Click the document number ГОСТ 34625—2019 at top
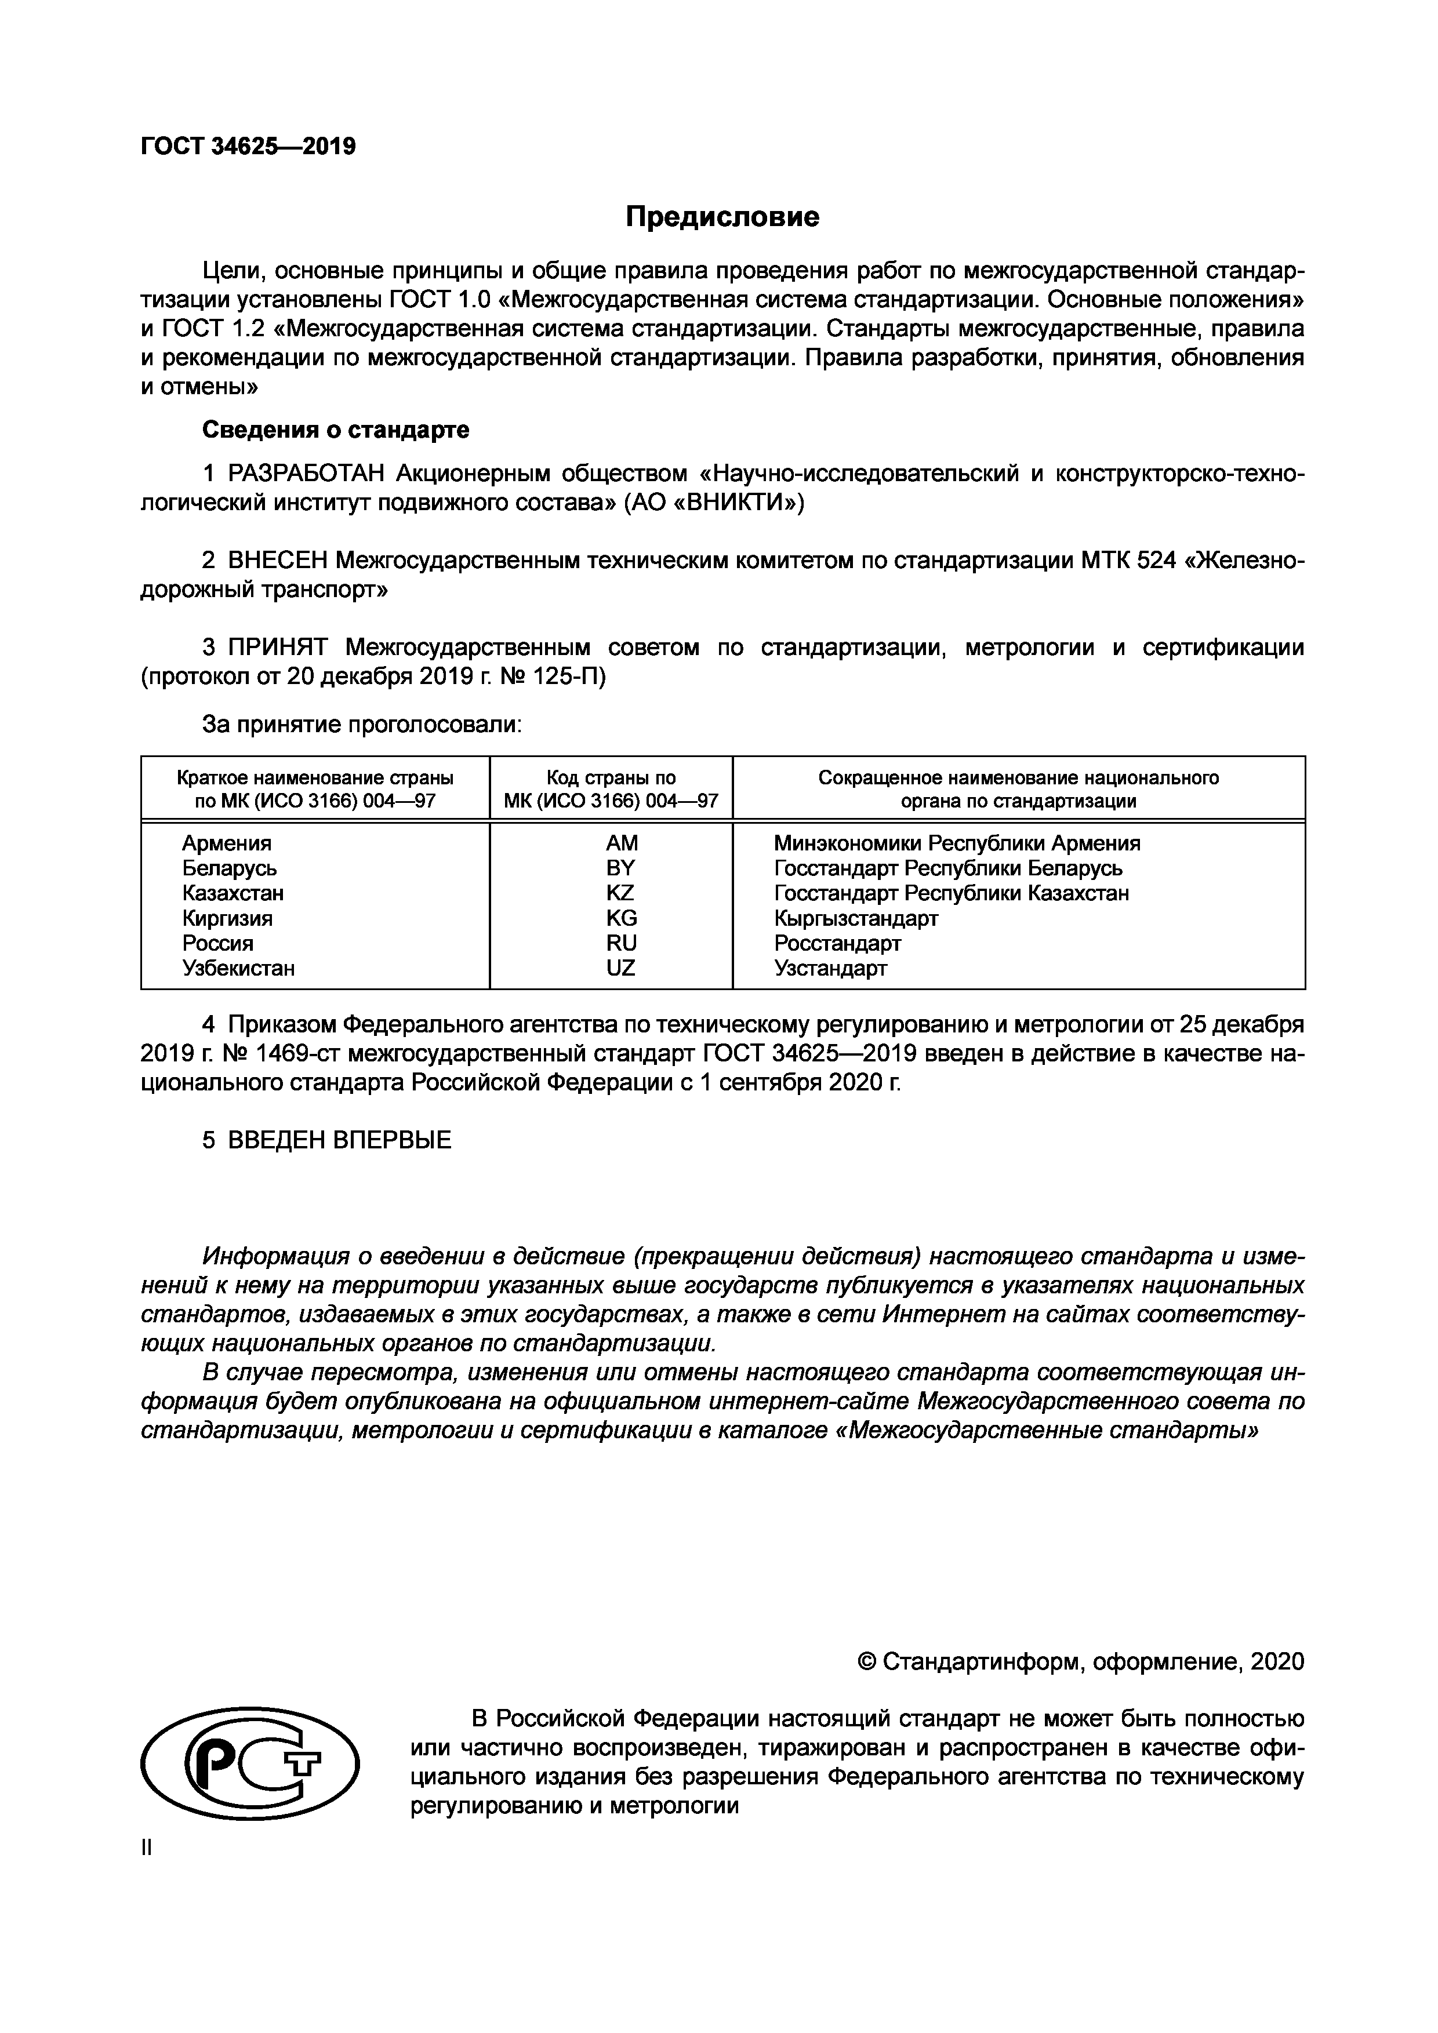tap(248, 146)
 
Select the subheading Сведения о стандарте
tap(336, 430)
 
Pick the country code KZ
tap(620, 893)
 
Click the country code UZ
tap(620, 968)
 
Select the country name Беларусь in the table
tap(230, 868)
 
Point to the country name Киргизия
tap(227, 918)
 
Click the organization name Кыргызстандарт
tap(855, 918)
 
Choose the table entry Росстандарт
tap(837, 943)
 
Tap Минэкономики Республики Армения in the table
tap(956, 843)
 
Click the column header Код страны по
tap(611, 777)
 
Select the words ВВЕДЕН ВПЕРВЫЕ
tap(339, 1140)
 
